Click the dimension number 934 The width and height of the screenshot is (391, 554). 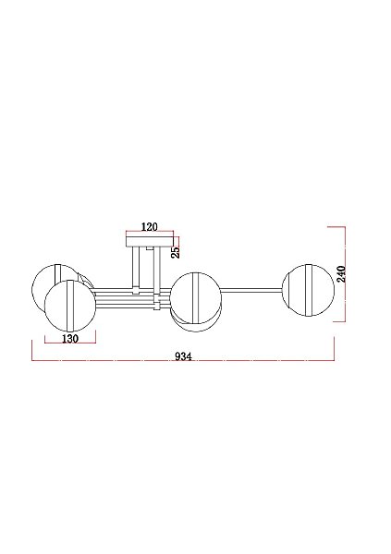point(183,356)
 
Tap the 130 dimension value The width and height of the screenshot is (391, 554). point(70,339)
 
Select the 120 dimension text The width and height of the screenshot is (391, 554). point(150,227)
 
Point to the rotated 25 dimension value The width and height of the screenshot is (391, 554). point(176,251)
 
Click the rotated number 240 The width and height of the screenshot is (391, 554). point(341,273)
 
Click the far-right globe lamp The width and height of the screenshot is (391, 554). point(308,290)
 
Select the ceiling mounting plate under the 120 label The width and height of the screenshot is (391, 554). point(150,241)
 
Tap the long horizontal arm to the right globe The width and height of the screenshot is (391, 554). point(251,290)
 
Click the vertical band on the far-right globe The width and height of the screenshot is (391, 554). point(310,290)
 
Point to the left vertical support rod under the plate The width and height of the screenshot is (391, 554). point(136,268)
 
